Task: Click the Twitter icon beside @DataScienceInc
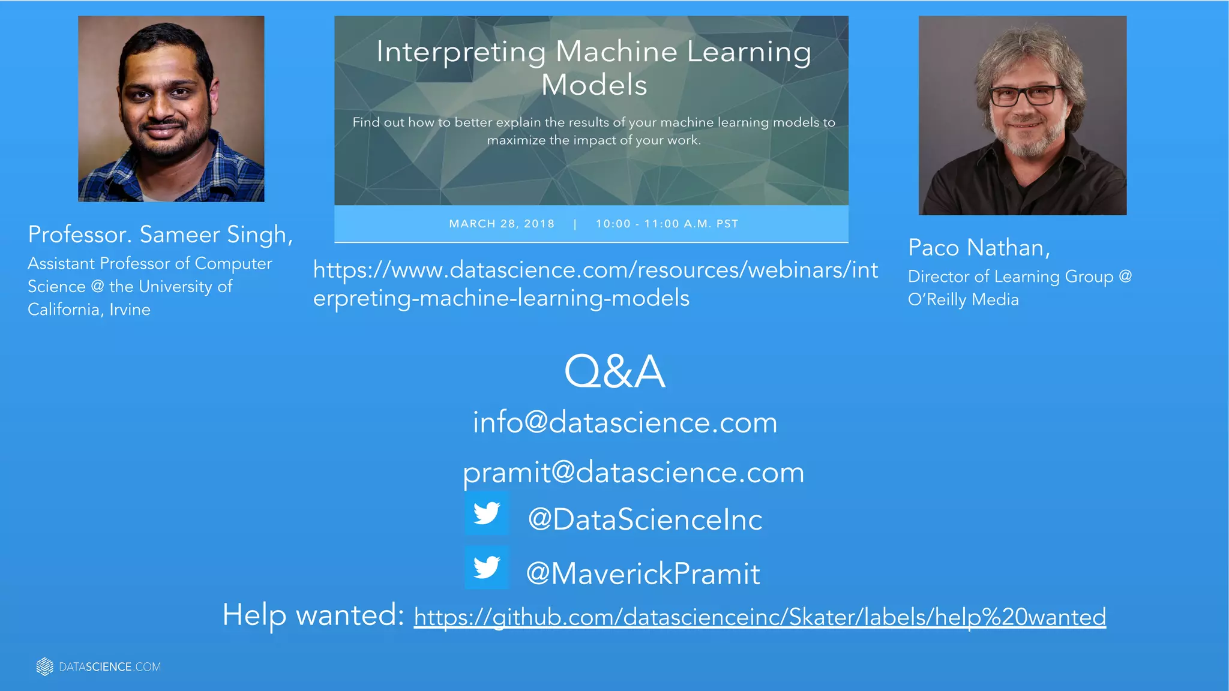487,514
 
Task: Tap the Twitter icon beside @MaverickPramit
487,567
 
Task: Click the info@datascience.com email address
625,422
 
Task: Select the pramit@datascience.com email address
633,472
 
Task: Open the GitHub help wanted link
760,617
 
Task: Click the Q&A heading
614,372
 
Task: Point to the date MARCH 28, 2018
502,224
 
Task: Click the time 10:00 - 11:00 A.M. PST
667,224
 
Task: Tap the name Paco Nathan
979,248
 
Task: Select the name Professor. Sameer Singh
160,235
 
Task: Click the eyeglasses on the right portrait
1026,95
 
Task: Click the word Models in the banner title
594,85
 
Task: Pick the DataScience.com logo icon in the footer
44,666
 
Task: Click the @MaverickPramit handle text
643,573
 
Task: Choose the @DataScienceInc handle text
645,519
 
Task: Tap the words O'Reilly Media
963,299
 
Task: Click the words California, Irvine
89,310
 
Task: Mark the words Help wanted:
313,615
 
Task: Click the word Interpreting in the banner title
461,52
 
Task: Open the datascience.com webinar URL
595,284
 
